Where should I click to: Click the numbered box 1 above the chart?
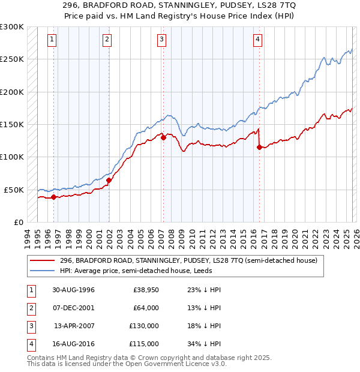pyautogui.click(x=52, y=40)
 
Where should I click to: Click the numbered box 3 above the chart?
pyautogui.click(x=162, y=40)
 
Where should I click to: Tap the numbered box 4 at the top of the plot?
pyautogui.click(x=257, y=40)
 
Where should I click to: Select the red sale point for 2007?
pyautogui.click(x=163, y=137)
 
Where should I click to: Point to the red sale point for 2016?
pyautogui.click(x=259, y=147)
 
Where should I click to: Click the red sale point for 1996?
pyautogui.click(x=54, y=196)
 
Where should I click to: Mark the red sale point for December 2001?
pyautogui.click(x=109, y=180)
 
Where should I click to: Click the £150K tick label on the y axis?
pyautogui.click(x=12, y=124)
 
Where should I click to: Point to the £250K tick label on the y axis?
pyautogui.click(x=12, y=59)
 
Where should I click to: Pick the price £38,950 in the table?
pyautogui.click(x=145, y=290)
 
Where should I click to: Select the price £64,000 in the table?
pyautogui.click(x=145, y=308)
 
